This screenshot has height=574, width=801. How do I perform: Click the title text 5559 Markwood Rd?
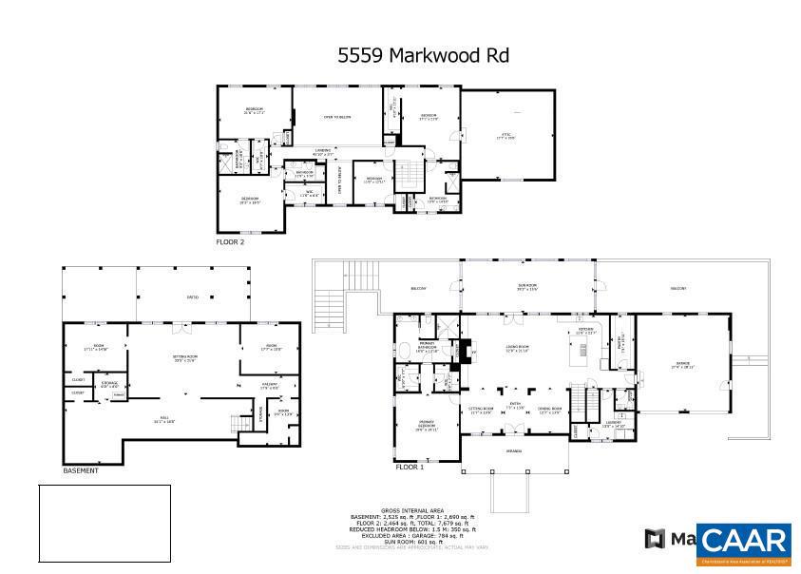point(424,55)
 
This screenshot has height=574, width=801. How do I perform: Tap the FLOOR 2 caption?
point(230,242)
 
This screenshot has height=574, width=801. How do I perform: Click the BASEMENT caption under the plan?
point(81,470)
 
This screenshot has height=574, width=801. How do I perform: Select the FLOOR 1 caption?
point(410,468)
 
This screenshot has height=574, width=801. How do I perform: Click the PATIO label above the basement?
point(192,297)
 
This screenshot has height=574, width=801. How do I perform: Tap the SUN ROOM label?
point(527,288)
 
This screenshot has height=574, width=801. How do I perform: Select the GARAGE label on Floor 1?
point(683,366)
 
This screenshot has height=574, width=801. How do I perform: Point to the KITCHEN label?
point(585,332)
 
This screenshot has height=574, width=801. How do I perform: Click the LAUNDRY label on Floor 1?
point(613,423)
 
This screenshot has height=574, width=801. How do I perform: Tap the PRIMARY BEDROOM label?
point(426,427)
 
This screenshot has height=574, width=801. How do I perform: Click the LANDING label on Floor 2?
point(324,151)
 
